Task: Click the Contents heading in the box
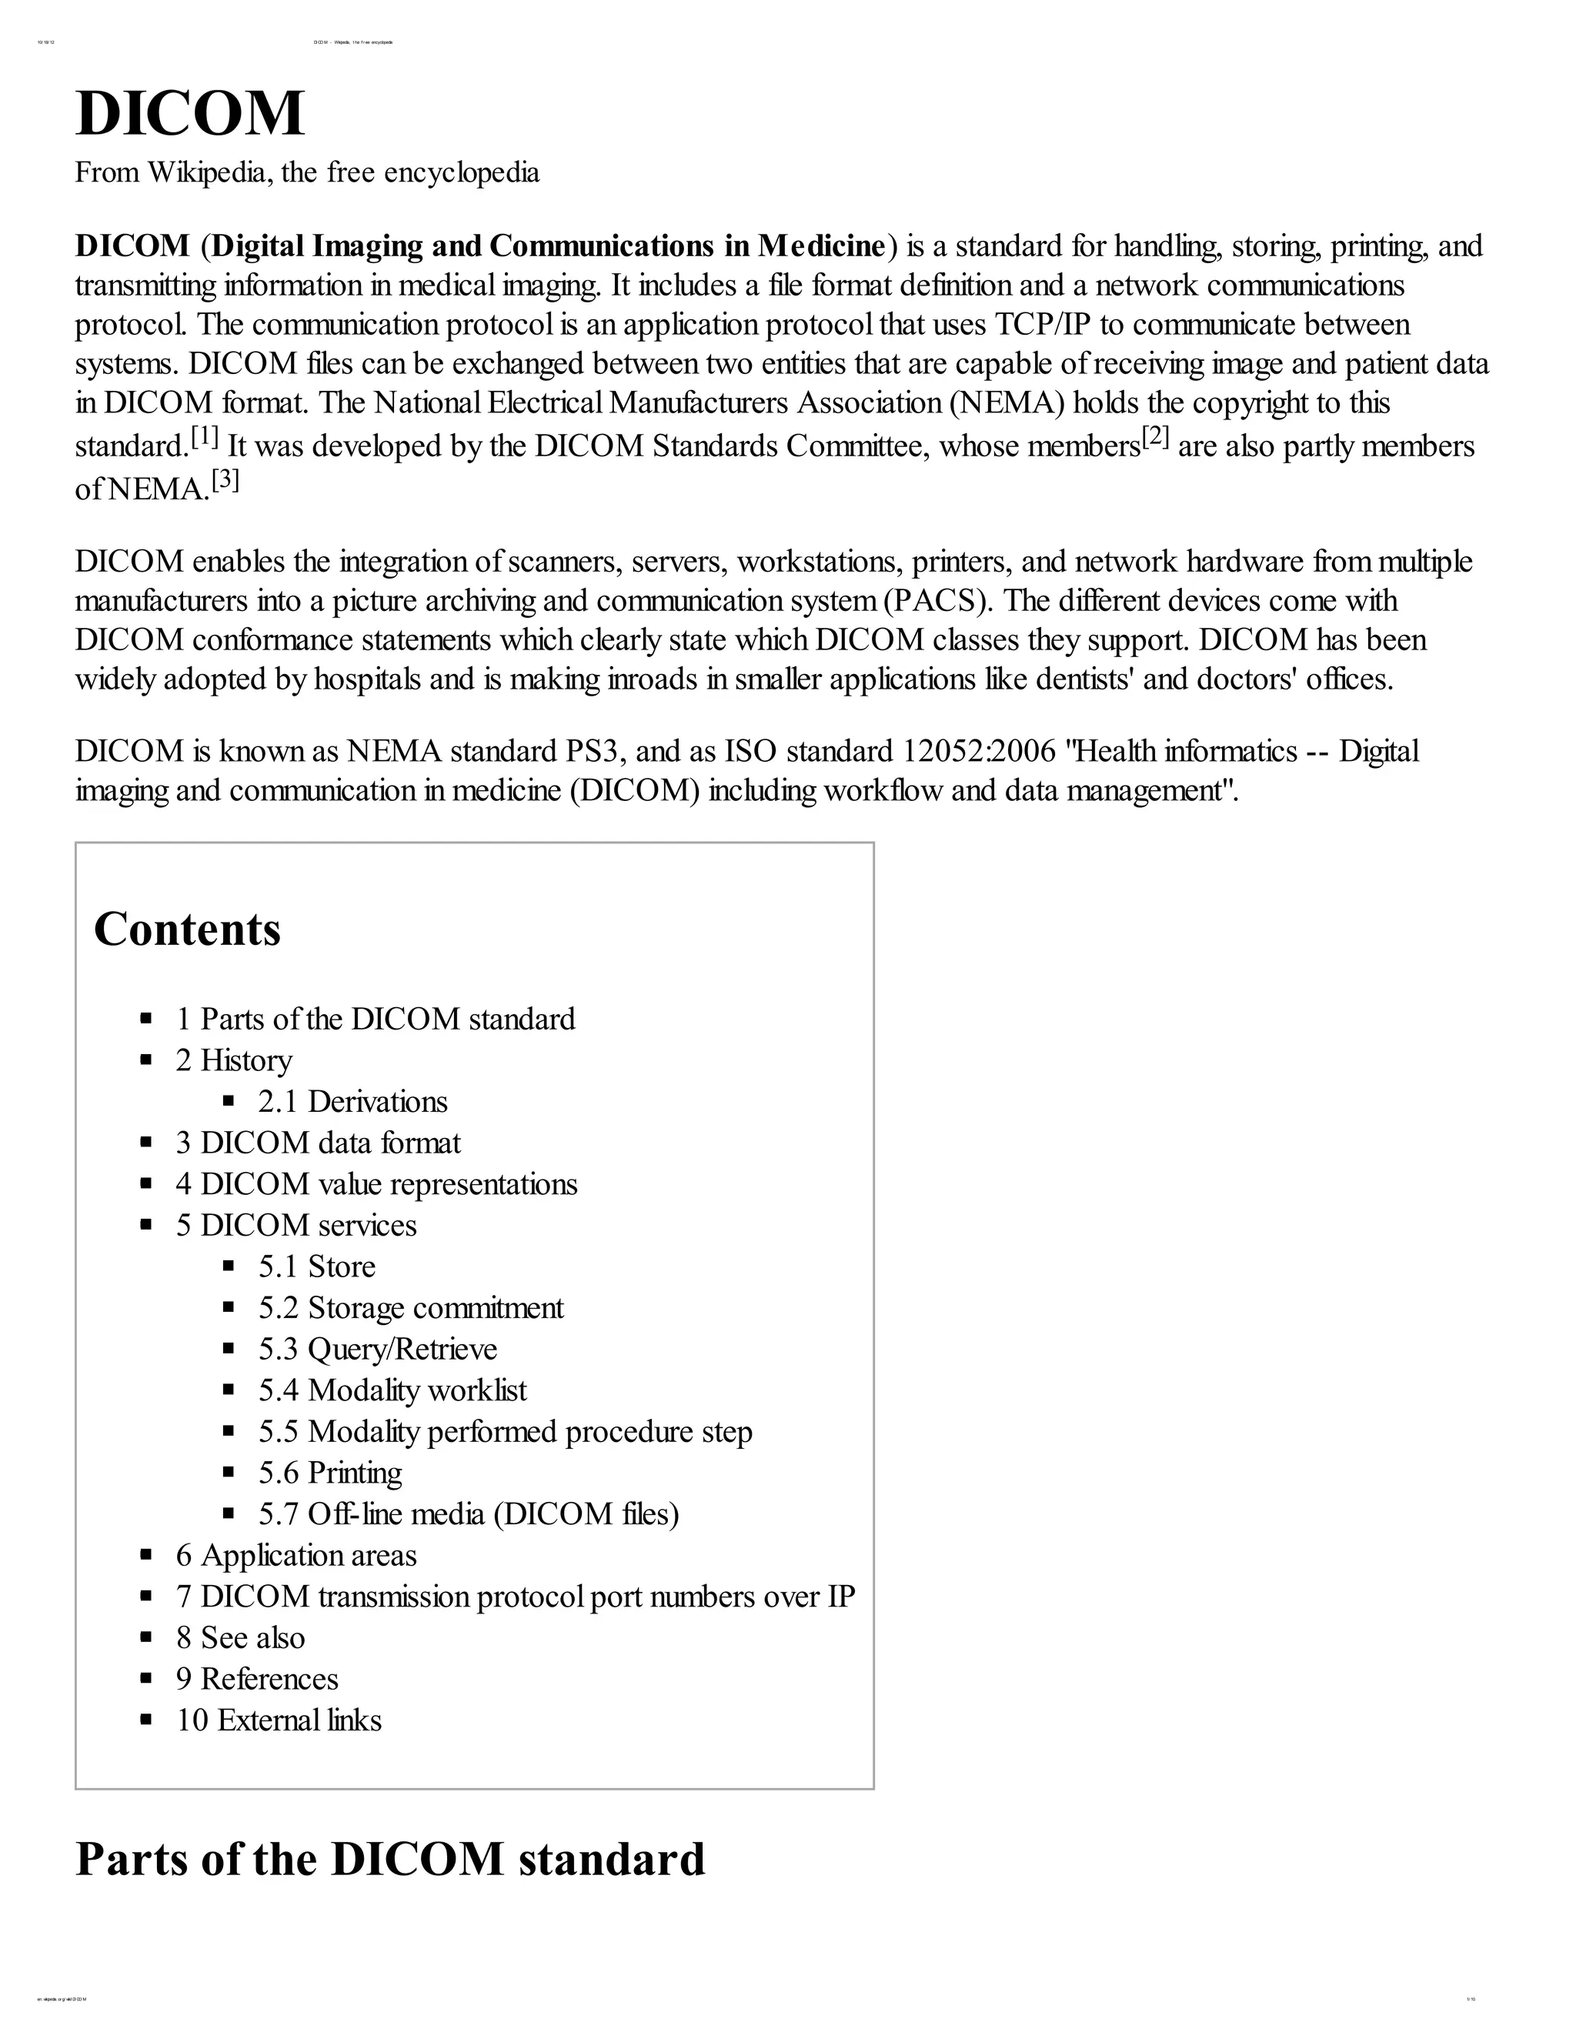click(187, 929)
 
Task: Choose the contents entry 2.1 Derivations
click(353, 1102)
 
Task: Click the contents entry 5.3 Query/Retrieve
click(377, 1349)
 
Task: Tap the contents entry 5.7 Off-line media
click(468, 1513)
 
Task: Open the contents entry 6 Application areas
click(296, 1555)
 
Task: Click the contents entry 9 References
click(257, 1679)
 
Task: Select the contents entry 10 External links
click(279, 1720)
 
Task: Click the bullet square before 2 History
click(145, 1060)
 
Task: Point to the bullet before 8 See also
click(145, 1637)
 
